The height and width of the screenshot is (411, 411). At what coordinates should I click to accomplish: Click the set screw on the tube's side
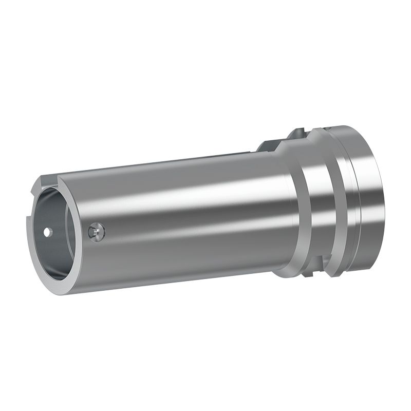96,232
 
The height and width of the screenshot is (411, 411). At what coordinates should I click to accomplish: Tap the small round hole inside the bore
47,232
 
